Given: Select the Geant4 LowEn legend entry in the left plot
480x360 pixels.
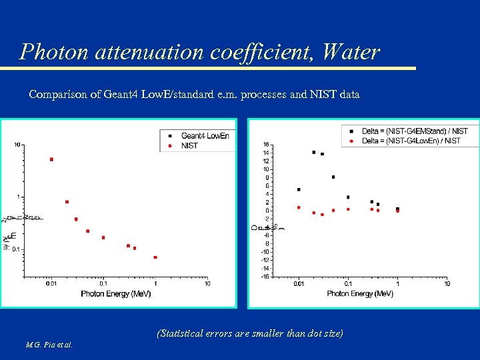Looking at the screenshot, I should click(205, 135).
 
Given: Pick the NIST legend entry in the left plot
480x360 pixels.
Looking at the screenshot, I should click(189, 145).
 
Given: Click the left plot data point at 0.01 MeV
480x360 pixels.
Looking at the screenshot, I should click(51, 159).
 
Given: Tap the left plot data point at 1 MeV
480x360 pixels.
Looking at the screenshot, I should click(155, 257).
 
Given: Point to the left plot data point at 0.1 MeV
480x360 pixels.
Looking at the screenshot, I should click(103, 237).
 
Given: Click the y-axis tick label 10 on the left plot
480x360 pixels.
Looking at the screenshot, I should click(17, 144).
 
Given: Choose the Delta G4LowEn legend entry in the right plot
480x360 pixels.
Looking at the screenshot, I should click(411, 141).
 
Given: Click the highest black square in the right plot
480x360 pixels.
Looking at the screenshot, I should click(314, 152).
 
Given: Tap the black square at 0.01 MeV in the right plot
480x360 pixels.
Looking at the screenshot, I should click(299, 189).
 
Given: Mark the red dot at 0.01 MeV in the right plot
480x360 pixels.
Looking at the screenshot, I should click(299, 207).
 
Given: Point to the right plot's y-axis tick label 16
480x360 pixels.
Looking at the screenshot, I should click(266, 145).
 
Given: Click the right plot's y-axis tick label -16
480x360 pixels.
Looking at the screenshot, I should click(265, 276).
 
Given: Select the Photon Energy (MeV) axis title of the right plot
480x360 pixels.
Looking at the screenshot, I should click(360, 293).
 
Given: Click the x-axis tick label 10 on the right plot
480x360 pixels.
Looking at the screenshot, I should click(447, 284).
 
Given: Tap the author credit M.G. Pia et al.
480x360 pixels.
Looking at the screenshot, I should click(50, 345).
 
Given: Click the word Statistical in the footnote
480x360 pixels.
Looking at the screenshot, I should click(183, 333).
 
